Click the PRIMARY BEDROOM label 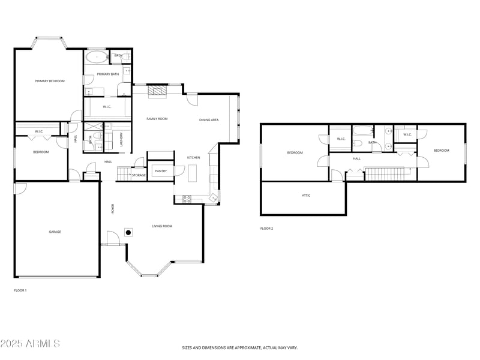pos(50,81)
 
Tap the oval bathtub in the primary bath pos(96,57)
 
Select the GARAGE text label pos(55,232)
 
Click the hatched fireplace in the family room pos(157,91)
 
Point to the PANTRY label pos(161,171)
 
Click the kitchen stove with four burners pos(187,199)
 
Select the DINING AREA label pos(209,120)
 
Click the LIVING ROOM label pos(162,226)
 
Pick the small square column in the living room pos(128,232)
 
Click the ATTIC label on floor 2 pos(306,196)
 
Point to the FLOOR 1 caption pos(20,290)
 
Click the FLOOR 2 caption pos(266,229)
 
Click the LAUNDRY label pos(121,140)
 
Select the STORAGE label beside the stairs pos(139,175)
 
